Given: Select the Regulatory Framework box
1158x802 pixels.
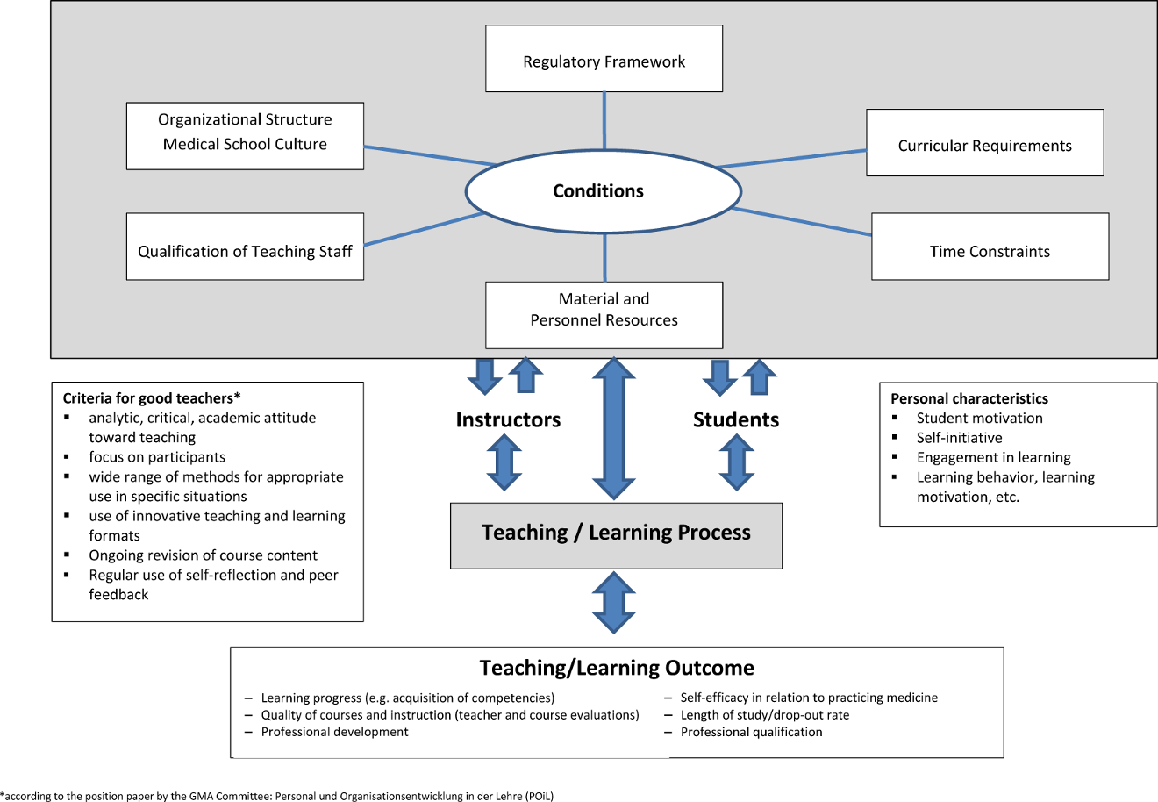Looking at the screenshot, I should [604, 59].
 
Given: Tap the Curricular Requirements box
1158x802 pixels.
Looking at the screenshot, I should [984, 143].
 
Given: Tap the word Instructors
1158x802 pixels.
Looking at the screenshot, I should [508, 420].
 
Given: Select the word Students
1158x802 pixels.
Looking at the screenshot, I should [736, 420].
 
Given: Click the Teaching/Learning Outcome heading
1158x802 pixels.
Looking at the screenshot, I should [617, 668].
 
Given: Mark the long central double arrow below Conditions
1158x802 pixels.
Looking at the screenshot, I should [614, 428].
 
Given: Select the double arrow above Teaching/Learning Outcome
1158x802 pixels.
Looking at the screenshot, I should [614, 603].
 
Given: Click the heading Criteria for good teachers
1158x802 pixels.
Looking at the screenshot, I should [151, 398].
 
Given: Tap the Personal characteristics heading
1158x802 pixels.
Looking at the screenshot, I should [969, 398].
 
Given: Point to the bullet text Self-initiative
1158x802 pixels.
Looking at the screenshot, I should [959, 438].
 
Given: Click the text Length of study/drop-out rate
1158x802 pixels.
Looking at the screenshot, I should [764, 715].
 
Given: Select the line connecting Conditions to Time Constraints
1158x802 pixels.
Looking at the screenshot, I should [802, 222].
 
